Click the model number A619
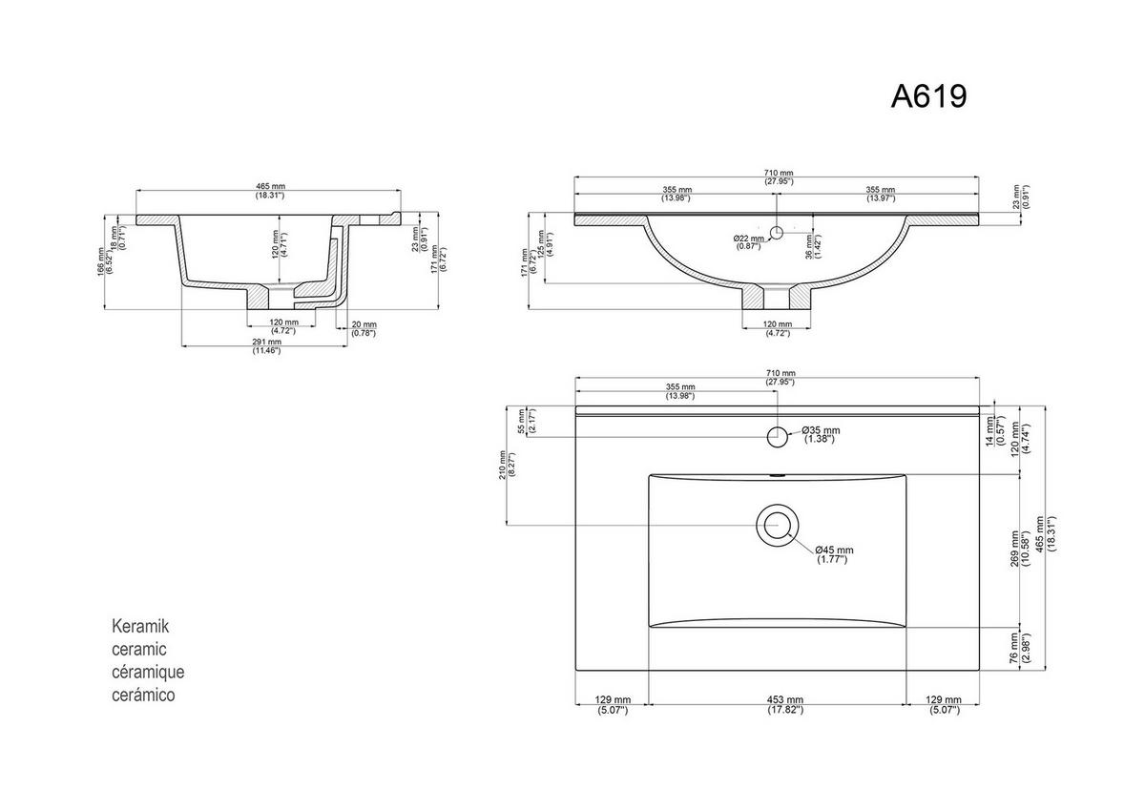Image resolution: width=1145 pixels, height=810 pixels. pyautogui.click(x=928, y=95)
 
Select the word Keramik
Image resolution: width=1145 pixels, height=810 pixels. pyautogui.click(x=140, y=627)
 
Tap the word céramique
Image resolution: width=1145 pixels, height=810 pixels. pyautogui.click(x=148, y=673)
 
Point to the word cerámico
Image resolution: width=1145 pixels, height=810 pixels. pyautogui.click(x=144, y=696)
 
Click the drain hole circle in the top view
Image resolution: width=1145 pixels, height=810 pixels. pyautogui.click(x=777, y=525)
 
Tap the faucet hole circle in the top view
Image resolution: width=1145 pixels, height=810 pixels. pyautogui.click(x=778, y=437)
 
